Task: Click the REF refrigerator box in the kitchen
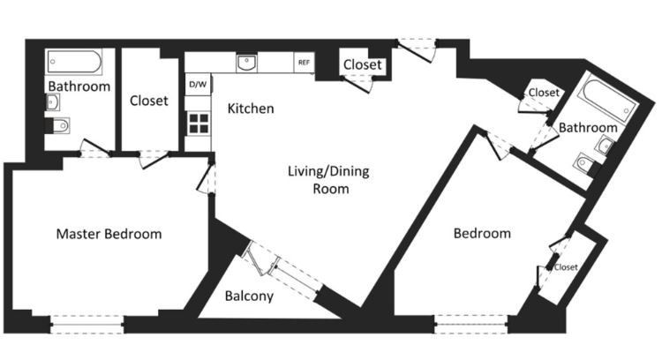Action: coord(304,63)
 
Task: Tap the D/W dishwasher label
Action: coord(198,84)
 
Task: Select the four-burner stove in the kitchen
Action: coord(198,124)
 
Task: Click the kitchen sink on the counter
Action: coord(247,63)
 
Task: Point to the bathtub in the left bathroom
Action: coord(74,62)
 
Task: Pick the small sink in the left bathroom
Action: coord(52,101)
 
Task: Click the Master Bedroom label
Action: coord(109,234)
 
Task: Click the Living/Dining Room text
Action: coord(328,180)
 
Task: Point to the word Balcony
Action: coord(249,296)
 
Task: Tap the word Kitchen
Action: coord(251,109)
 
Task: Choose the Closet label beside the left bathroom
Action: coord(148,101)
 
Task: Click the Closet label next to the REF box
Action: coord(362,64)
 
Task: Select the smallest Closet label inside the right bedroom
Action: coord(566,267)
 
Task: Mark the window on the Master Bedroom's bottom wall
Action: coord(87,325)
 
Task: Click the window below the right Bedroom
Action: coord(471,325)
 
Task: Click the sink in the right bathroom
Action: coord(604,146)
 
